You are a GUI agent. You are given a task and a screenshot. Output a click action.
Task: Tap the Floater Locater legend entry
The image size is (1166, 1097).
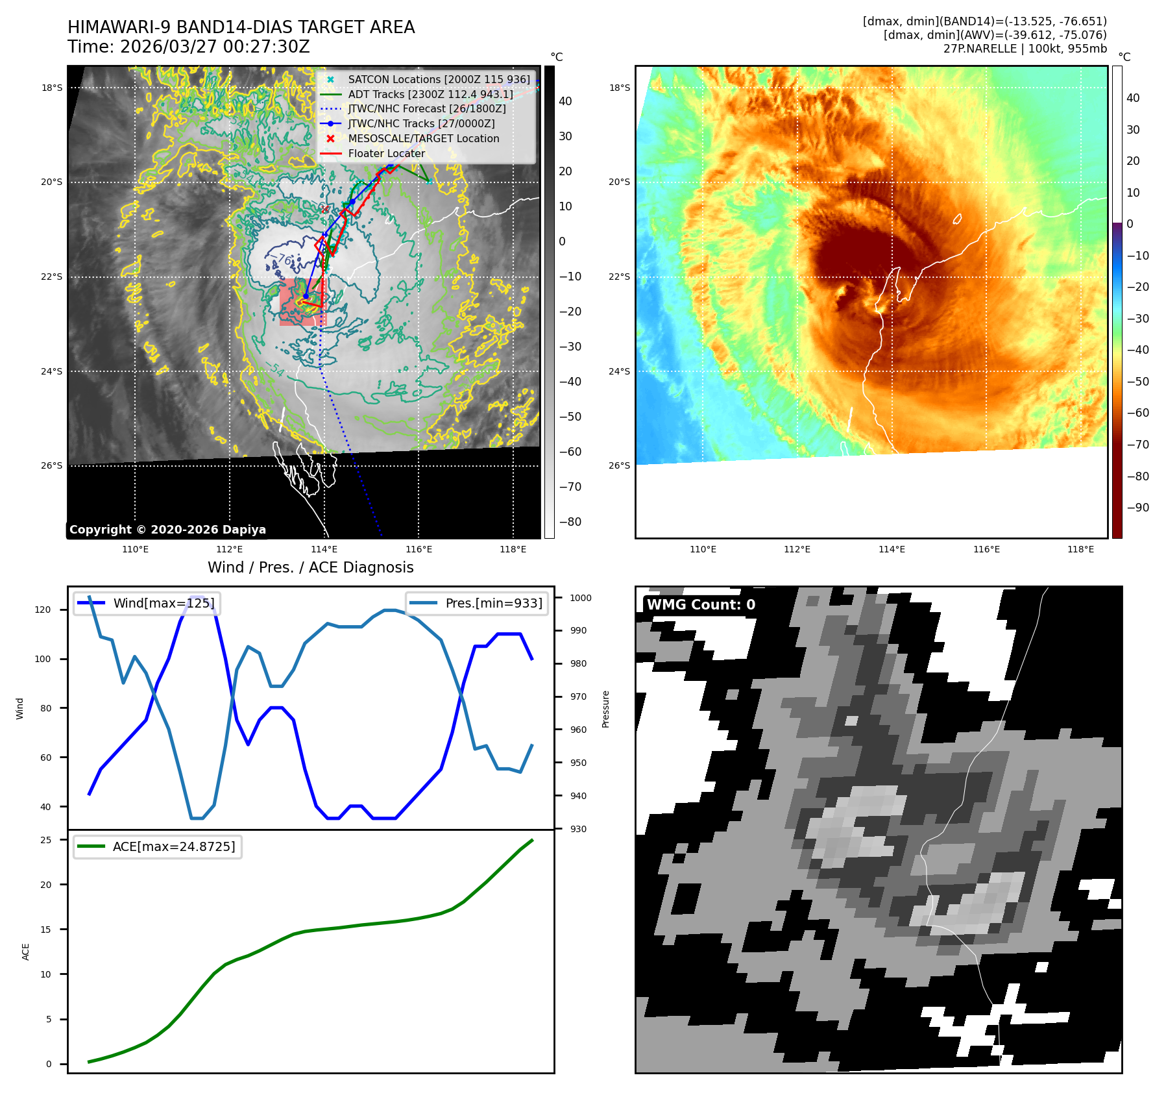pyautogui.click(x=386, y=153)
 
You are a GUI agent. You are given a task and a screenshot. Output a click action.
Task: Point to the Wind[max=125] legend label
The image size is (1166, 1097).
pyautogui.click(x=163, y=603)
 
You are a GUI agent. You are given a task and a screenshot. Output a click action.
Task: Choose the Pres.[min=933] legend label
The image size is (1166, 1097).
pyautogui.click(x=493, y=603)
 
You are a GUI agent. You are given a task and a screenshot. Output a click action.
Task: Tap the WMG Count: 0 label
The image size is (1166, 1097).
pyautogui.click(x=701, y=604)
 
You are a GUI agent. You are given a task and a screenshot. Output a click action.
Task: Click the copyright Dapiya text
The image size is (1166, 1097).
pyautogui.click(x=167, y=530)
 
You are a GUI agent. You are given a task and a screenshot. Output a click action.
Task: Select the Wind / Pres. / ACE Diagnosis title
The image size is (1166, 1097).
pyautogui.click(x=310, y=567)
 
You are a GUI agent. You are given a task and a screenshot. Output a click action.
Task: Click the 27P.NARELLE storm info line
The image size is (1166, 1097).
pyautogui.click(x=1025, y=49)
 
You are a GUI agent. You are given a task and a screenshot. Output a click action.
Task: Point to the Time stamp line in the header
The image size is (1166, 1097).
pyautogui.click(x=189, y=47)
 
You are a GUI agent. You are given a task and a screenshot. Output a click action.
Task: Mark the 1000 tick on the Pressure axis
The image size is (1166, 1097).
pyautogui.click(x=581, y=598)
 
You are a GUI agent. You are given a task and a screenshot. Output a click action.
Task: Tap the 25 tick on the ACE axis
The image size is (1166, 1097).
pyautogui.click(x=46, y=840)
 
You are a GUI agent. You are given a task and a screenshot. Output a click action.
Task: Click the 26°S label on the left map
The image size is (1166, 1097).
pyautogui.click(x=52, y=465)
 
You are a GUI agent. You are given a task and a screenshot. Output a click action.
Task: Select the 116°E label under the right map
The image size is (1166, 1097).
pyautogui.click(x=986, y=549)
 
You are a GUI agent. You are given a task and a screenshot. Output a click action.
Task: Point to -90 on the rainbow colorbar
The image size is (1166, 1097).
pyautogui.click(x=1137, y=508)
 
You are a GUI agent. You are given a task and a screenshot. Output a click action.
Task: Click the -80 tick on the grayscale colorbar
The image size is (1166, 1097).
pyautogui.click(x=570, y=522)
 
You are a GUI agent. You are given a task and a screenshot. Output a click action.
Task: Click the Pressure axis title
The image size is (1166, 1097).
pyautogui.click(x=605, y=709)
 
